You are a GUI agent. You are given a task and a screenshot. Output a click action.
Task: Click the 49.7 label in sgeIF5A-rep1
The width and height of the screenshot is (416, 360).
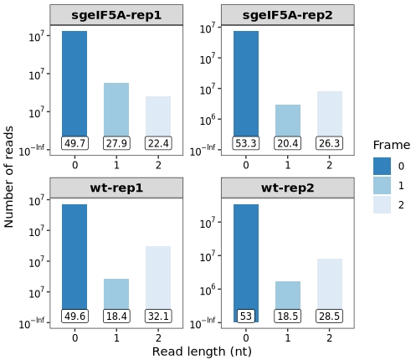[x=74, y=143]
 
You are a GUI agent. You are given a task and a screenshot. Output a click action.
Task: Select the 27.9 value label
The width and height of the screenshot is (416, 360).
[x=116, y=143]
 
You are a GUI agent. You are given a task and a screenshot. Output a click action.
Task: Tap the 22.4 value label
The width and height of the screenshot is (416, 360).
[x=158, y=143]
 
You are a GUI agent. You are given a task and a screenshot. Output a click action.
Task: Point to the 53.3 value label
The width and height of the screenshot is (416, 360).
[x=246, y=143]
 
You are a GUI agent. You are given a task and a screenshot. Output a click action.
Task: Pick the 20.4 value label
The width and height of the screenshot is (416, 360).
[x=288, y=143]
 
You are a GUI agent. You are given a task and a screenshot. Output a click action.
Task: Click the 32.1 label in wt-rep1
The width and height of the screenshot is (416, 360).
[x=158, y=316]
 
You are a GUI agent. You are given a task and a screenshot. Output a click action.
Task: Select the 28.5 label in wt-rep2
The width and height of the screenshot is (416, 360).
[x=329, y=316]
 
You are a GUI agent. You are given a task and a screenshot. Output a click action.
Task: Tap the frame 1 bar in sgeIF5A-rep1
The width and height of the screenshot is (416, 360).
[x=116, y=110]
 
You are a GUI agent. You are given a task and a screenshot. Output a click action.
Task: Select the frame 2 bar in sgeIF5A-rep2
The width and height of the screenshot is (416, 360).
[x=330, y=114]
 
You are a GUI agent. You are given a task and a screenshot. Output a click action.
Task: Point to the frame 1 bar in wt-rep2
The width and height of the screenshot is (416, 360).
[x=288, y=296]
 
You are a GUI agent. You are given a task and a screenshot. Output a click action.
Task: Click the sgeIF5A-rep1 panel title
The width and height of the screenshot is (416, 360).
[x=116, y=15]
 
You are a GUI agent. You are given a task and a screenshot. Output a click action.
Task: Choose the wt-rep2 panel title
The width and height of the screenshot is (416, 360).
[x=288, y=188]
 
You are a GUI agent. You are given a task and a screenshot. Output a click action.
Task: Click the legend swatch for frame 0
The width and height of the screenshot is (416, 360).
[x=382, y=166]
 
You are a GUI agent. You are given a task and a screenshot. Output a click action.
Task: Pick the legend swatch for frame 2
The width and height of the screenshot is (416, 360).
[x=382, y=205]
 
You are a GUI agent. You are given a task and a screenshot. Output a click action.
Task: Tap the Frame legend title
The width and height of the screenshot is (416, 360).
[x=392, y=145]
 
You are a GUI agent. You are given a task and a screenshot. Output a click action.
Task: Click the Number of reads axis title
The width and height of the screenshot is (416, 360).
[x=8, y=177]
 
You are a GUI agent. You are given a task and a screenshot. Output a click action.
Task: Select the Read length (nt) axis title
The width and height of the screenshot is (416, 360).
[x=202, y=352]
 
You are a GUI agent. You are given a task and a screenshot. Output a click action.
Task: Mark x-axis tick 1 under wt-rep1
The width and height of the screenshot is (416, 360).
[x=116, y=338]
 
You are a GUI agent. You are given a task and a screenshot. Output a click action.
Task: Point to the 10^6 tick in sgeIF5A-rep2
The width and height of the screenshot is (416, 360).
[x=208, y=120]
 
